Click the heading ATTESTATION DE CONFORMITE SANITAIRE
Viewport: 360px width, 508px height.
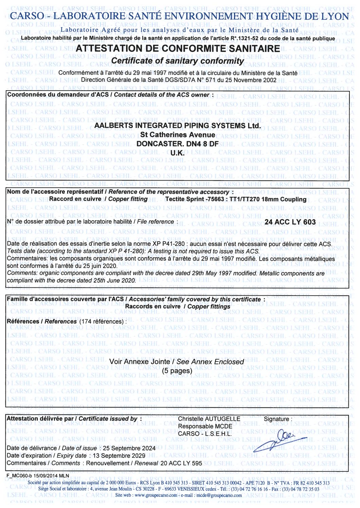pos(178,49)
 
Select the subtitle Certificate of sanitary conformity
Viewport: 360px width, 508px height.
pos(177,61)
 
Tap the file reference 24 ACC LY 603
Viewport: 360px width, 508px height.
pos(290,222)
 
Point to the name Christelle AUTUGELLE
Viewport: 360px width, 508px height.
pos(209,419)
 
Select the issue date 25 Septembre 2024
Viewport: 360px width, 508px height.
pos(129,448)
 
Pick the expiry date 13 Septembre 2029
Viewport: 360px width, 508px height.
pos(119,456)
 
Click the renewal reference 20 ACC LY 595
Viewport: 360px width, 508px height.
pos(181,463)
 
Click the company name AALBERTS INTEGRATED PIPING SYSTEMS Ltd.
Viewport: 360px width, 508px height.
pos(177,126)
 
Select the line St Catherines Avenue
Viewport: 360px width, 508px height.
pos(177,135)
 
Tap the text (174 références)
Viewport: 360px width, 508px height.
pos(102,321)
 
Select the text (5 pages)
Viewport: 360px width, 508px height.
pos(177,371)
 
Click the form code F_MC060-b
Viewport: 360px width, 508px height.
pos(19,475)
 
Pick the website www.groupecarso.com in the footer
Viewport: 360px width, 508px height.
pos(151,495)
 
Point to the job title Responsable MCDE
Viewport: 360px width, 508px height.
pos(205,426)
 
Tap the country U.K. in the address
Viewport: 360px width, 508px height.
pos(177,153)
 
